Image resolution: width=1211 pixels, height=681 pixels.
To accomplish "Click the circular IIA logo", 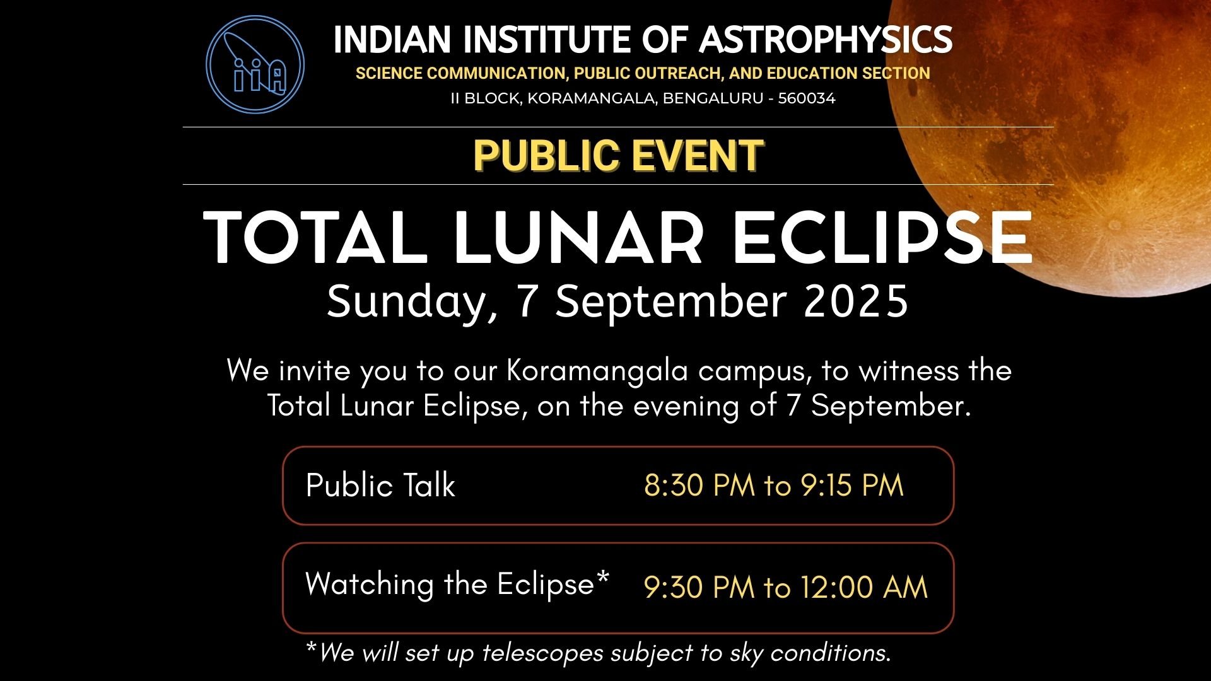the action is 255,64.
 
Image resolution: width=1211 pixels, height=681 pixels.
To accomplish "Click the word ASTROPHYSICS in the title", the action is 826,40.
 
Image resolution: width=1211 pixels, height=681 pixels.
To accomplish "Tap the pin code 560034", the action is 807,98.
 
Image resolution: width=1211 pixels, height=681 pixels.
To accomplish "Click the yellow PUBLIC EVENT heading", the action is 619,156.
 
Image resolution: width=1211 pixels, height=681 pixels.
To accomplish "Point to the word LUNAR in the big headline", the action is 578,238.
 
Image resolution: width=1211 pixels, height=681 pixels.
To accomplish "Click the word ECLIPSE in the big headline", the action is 882,238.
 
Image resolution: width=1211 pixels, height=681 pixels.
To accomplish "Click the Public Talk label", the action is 380,486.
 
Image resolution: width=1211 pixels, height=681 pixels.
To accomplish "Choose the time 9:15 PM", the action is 852,486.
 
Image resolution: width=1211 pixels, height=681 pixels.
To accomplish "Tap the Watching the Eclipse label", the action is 457,584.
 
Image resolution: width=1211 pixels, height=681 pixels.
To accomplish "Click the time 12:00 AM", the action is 864,588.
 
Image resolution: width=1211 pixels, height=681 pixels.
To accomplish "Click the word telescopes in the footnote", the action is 543,653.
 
